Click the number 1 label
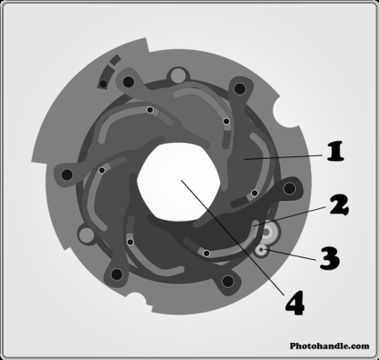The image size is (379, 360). tap(336, 152)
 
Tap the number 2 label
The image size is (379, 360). tap(339, 205)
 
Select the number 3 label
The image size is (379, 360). tap(330, 258)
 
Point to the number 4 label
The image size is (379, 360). tap(295, 303)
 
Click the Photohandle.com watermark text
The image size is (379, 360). tap(330, 346)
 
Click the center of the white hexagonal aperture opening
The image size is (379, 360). tap(179, 182)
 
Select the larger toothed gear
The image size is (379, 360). tap(270, 232)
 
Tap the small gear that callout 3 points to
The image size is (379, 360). tap(262, 250)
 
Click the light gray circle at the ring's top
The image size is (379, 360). tap(178, 75)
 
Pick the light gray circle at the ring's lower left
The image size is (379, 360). tap(86, 235)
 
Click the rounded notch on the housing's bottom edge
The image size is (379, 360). tap(138, 299)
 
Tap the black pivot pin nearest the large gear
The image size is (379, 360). tap(290, 188)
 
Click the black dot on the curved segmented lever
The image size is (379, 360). tap(103, 84)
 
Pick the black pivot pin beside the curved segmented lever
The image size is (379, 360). tap(129, 81)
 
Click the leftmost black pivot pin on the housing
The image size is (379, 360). tap(67, 175)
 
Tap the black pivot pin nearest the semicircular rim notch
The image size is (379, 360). tap(240, 88)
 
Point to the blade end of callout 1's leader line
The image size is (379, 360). tap(244, 160)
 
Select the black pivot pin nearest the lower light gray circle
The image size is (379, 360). tap(116, 274)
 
